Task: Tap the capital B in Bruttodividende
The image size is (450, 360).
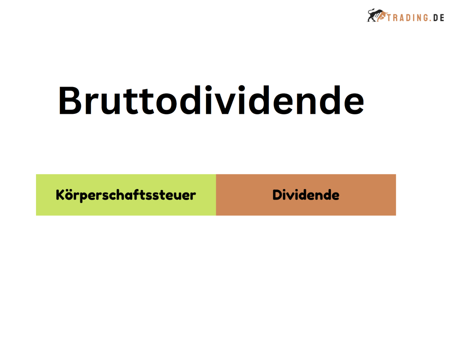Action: [x=70, y=101]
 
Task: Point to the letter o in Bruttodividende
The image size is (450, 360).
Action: [x=166, y=104]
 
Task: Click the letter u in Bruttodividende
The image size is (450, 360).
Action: [x=110, y=104]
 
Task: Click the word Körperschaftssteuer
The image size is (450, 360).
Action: [x=126, y=195]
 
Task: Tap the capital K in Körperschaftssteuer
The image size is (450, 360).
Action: [x=61, y=195]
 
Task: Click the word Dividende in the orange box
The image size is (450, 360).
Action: [x=306, y=195]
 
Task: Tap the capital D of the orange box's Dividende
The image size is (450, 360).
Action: [x=278, y=195]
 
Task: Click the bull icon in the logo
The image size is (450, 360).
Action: [x=377, y=15]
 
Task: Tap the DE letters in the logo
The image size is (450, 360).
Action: [x=439, y=18]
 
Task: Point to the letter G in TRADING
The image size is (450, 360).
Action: [x=425, y=18]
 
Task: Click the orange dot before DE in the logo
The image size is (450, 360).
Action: [x=431, y=21]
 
